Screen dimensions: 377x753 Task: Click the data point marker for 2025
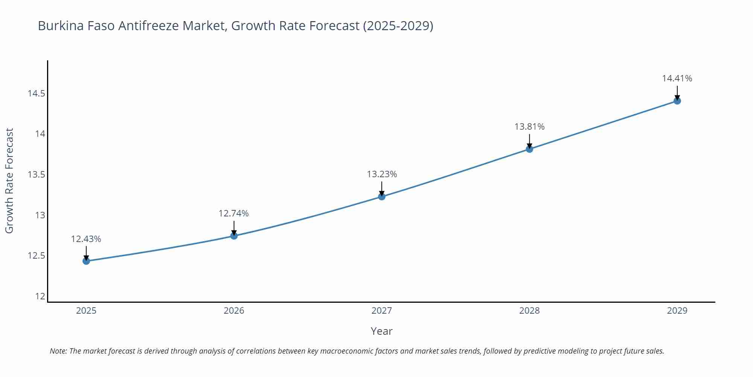(86, 261)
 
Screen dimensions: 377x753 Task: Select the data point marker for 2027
(382, 196)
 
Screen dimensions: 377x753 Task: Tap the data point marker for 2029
(677, 101)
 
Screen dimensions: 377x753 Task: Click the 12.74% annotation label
(233, 213)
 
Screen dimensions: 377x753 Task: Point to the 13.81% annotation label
(529, 127)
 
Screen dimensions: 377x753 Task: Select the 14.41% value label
(677, 78)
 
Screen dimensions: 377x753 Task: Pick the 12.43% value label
(86, 239)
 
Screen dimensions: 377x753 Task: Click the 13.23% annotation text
(382, 174)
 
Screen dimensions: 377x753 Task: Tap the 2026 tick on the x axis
(234, 311)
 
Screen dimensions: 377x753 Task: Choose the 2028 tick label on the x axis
(529, 311)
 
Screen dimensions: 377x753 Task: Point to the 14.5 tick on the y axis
(36, 93)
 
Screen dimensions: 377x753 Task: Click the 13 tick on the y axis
(40, 215)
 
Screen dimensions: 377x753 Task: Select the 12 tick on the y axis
(40, 296)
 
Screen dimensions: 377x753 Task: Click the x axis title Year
(381, 331)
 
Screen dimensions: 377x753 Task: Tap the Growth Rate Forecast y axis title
(9, 181)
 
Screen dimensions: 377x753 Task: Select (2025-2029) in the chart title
(398, 26)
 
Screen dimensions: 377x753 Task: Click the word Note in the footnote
(58, 351)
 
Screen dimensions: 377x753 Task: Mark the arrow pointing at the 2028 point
(529, 141)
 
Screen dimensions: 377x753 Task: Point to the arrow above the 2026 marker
(234, 228)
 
